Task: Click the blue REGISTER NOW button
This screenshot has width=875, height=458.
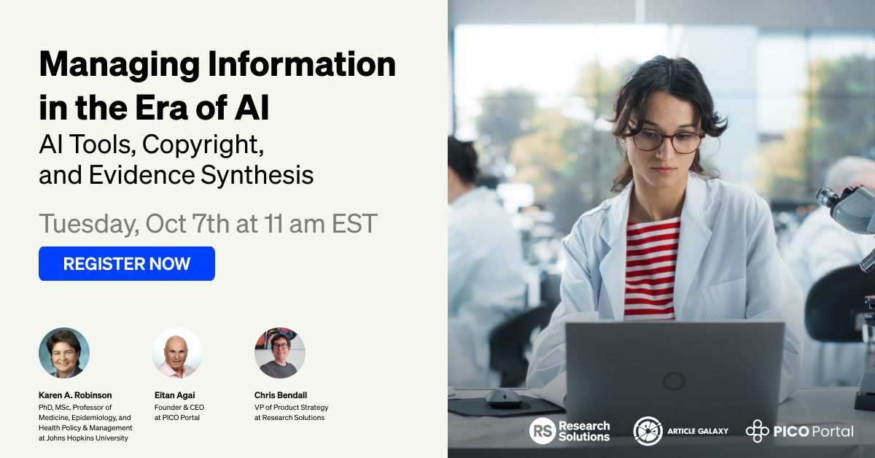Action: click(127, 263)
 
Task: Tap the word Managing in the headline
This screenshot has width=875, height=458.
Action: click(120, 65)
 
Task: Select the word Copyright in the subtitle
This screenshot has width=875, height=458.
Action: click(203, 145)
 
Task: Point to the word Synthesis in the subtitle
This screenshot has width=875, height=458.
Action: click(257, 175)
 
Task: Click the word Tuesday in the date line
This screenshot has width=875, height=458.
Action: click(89, 225)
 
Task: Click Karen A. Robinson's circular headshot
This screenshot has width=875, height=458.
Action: click(64, 353)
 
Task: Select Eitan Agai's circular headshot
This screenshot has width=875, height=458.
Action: click(177, 353)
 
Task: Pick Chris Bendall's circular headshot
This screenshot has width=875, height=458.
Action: click(280, 353)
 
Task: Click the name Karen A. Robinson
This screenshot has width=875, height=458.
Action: click(75, 395)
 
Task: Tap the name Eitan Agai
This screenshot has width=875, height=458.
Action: click(174, 395)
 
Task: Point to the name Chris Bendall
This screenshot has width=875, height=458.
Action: click(281, 395)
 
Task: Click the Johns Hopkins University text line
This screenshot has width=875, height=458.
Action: click(83, 438)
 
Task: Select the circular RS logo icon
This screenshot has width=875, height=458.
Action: click(542, 430)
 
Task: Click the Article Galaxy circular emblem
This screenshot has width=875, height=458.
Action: click(648, 430)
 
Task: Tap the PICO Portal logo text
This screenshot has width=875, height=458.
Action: click(813, 432)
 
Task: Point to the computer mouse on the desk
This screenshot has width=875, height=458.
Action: click(504, 398)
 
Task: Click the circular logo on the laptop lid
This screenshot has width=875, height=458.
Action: click(674, 380)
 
